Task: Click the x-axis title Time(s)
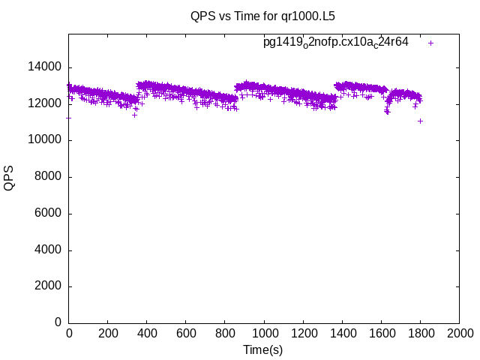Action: tap(263, 349)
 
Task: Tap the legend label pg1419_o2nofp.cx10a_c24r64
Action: tap(335, 43)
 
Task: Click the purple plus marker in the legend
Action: tap(431, 43)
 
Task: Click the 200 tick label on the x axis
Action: tap(108, 334)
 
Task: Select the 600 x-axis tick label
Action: tap(186, 334)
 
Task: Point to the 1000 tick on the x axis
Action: tap(264, 334)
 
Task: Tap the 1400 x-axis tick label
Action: tap(342, 334)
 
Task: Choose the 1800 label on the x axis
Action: tap(420, 334)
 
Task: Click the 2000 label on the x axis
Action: tap(459, 334)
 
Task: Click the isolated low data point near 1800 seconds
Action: tap(421, 121)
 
